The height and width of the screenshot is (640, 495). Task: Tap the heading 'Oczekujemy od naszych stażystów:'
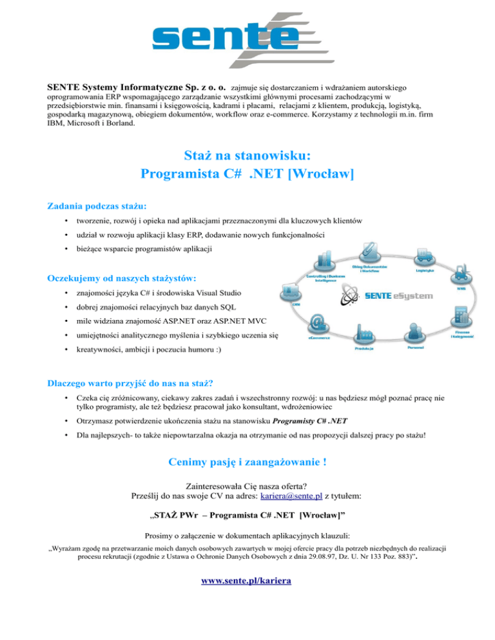click(122, 278)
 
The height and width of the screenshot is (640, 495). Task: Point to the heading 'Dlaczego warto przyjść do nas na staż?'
click(139, 385)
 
